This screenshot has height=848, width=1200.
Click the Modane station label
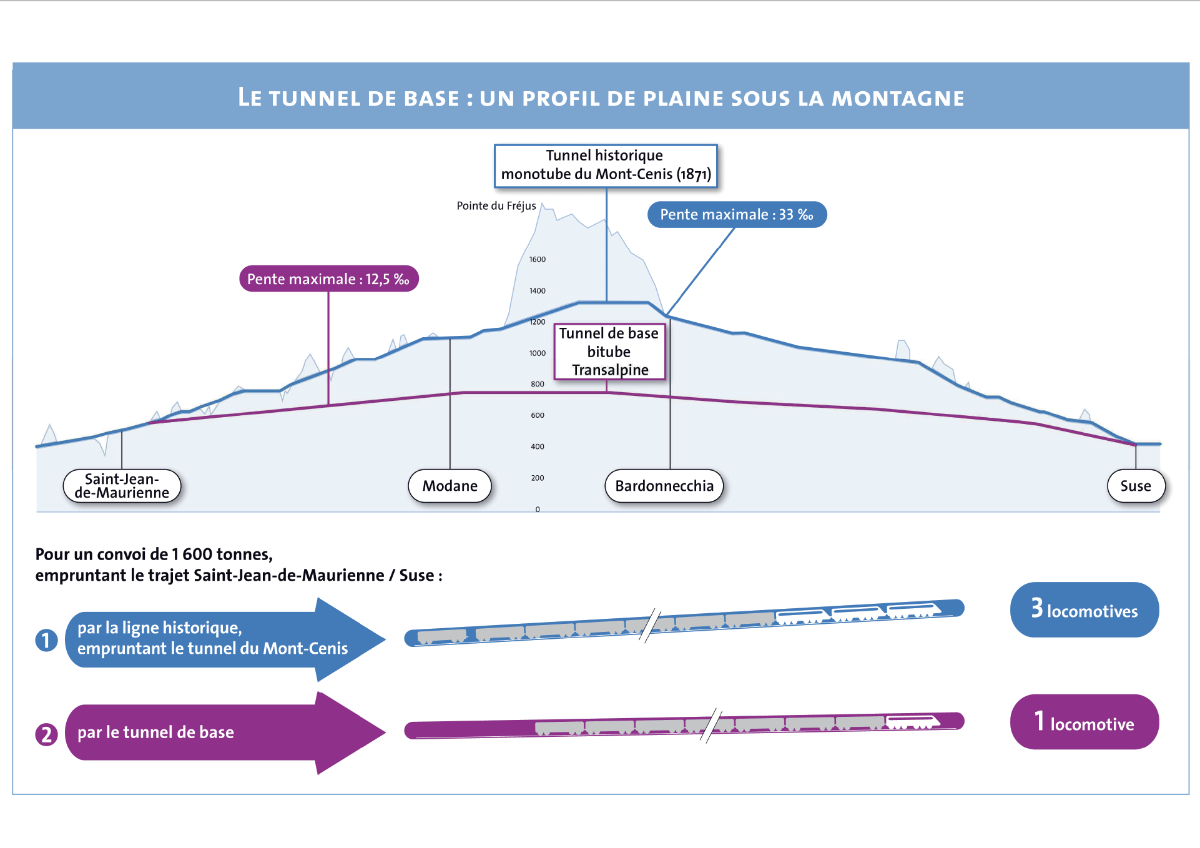450,486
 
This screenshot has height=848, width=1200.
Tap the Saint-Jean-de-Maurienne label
122,486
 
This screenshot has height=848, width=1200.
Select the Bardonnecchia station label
664,486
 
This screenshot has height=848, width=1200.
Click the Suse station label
1136,486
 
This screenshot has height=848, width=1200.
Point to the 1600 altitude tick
538,259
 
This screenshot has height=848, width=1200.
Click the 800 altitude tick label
538,384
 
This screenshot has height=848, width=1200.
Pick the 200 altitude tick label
538,478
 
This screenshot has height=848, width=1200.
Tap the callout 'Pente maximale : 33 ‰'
737,215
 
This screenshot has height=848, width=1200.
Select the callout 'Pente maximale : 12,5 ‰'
328,279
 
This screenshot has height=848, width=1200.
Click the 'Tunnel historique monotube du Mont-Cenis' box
606,165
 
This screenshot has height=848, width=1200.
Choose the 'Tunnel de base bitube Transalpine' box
609,352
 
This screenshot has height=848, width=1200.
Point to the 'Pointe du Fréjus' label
496,205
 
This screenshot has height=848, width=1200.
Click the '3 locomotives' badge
1084,609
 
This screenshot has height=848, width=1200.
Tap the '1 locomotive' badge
1084,722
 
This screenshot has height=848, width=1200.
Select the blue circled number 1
46,640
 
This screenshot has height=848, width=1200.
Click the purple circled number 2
46,734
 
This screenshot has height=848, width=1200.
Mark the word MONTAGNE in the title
898,99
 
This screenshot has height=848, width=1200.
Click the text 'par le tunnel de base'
155,732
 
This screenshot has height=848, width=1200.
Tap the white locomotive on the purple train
913,722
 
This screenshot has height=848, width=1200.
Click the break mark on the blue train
649,626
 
